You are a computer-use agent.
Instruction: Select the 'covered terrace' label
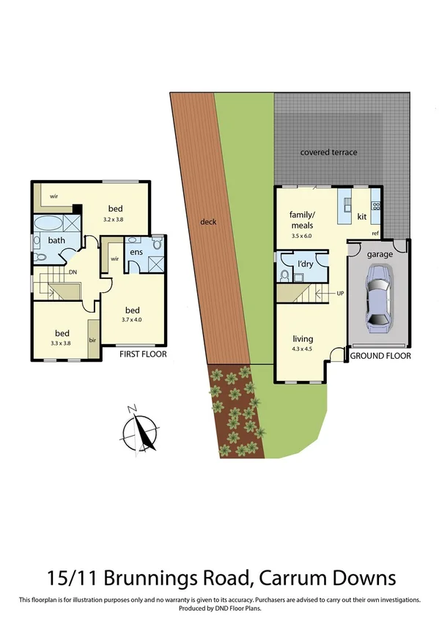[x=329, y=152]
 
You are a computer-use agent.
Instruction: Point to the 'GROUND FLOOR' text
[x=380, y=356]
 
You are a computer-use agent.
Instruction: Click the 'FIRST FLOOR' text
[x=144, y=354]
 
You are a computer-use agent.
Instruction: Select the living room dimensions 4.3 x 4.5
[x=302, y=349]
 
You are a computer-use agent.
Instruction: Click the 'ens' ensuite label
[x=136, y=251]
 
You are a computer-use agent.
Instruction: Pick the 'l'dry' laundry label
[x=306, y=263]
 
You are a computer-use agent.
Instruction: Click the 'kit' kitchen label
[x=361, y=217]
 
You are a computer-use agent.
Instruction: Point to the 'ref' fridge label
[x=375, y=234]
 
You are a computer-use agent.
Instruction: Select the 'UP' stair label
[x=340, y=294]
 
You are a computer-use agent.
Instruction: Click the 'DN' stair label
[x=73, y=272]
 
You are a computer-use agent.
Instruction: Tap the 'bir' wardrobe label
[x=93, y=341]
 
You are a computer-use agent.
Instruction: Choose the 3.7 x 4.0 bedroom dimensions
[x=132, y=319]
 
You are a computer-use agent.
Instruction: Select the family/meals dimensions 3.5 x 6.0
[x=301, y=235]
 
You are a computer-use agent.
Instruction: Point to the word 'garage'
[x=380, y=254]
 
